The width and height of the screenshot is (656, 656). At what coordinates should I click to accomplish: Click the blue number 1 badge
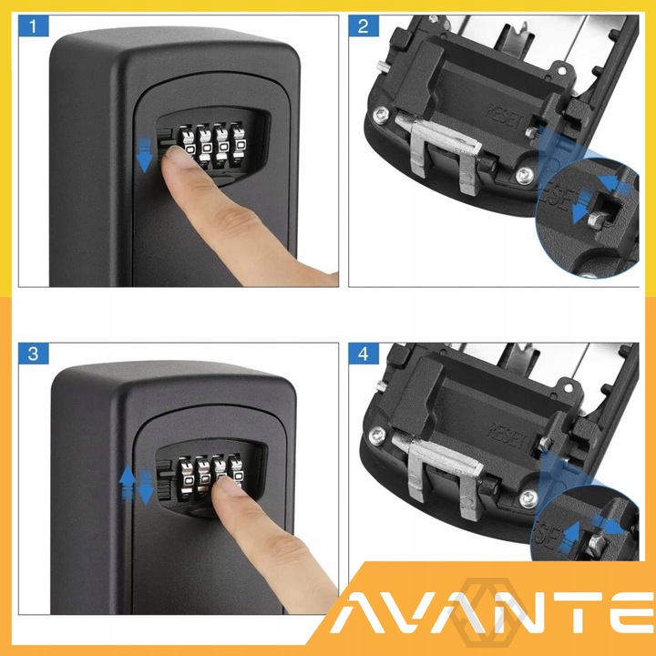tap(34, 26)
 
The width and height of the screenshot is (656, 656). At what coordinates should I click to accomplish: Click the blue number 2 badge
tap(364, 26)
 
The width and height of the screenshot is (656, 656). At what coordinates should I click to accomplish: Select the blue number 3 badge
tap(34, 354)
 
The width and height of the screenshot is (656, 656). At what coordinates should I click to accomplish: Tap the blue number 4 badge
tap(364, 354)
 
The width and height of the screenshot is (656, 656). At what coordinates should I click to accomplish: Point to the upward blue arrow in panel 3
tap(128, 483)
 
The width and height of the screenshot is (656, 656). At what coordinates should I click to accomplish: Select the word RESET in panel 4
tap(507, 436)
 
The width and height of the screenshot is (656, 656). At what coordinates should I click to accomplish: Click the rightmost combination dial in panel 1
tap(240, 142)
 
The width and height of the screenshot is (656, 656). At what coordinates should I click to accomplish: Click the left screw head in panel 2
tap(380, 115)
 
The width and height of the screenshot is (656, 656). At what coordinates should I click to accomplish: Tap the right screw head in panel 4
tap(528, 498)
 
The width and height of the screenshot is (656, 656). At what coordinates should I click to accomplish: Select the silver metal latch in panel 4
tap(440, 469)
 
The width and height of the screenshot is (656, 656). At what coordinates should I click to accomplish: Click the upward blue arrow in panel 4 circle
tap(569, 538)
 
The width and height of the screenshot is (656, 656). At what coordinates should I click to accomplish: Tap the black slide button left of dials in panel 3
tap(166, 479)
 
